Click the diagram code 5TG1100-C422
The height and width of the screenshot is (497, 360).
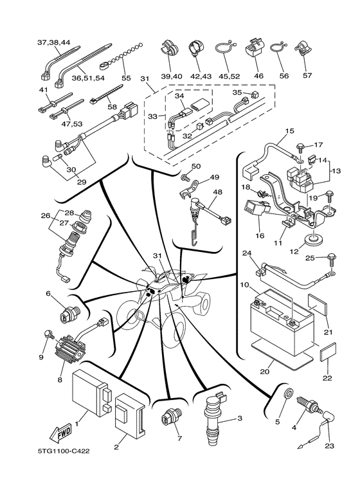tap(64, 451)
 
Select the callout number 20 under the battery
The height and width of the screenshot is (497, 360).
tap(264, 371)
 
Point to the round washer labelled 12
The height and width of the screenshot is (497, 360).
tap(312, 239)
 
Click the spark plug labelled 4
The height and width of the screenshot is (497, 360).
tap(307, 404)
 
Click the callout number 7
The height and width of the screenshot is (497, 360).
tap(180, 438)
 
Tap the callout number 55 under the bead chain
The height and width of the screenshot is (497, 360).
tap(126, 78)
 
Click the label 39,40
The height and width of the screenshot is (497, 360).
tap(171, 76)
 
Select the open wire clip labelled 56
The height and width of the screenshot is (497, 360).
tap(278, 49)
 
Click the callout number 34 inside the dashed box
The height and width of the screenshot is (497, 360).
tap(179, 95)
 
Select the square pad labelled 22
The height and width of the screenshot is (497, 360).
tap(328, 352)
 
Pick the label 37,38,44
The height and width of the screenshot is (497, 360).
tap(53, 42)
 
